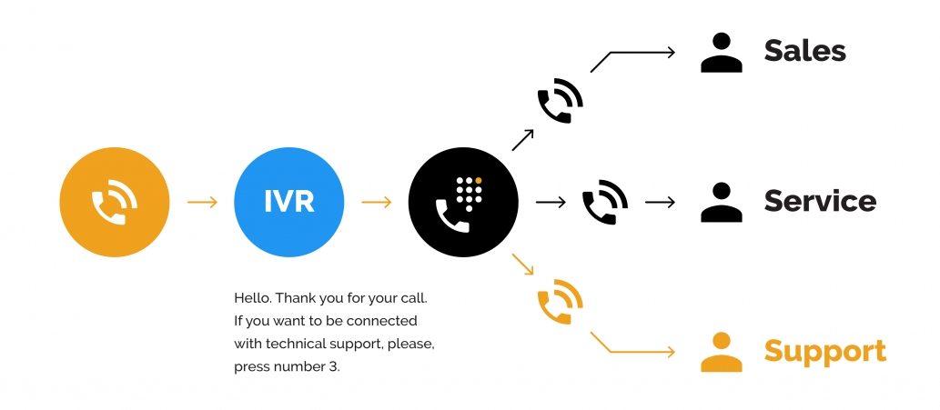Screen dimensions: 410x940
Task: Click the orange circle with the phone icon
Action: click(x=114, y=201)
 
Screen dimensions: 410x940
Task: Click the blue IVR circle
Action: click(x=288, y=201)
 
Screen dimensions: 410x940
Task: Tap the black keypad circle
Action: click(x=462, y=201)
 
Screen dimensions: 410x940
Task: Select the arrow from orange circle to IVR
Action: click(x=202, y=201)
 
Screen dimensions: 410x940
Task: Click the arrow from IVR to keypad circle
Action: click(x=376, y=201)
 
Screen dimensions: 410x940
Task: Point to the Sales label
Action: click(x=804, y=51)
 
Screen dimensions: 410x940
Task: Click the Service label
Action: click(x=819, y=201)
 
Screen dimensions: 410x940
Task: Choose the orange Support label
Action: click(x=824, y=351)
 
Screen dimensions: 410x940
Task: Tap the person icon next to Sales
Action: click(x=722, y=53)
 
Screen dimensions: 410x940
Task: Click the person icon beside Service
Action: click(x=722, y=203)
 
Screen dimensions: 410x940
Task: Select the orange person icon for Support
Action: click(x=722, y=353)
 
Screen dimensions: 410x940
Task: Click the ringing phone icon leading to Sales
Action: click(x=560, y=101)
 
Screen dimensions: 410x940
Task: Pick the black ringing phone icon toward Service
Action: click(x=604, y=202)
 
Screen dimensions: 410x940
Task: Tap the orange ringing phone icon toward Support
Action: click(x=560, y=303)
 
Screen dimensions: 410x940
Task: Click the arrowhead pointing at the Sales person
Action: click(x=671, y=52)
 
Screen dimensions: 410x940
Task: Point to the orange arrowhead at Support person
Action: click(x=671, y=352)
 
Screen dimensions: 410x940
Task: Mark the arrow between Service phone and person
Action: click(x=660, y=202)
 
